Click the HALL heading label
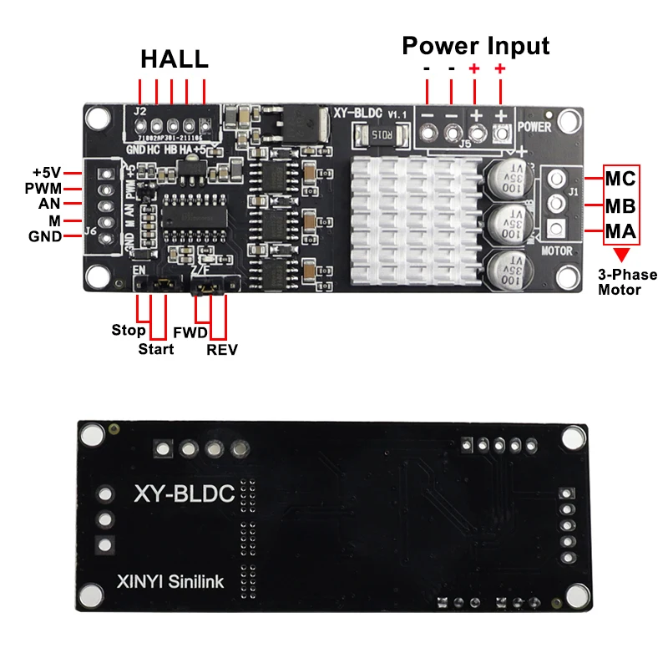pos(174,60)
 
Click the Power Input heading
pos(476,45)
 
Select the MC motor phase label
pos(620,179)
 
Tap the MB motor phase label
pos(620,205)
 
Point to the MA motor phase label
pos(620,231)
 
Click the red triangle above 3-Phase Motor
pos(620,255)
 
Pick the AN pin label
pos(49,205)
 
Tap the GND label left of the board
pos(45,236)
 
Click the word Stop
pos(129,330)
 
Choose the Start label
pos(156,349)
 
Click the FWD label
pos(190,332)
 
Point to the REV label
pos(222,350)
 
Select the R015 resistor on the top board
pos(379,134)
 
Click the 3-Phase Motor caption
pos(627,282)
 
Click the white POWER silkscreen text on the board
pos(534,128)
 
